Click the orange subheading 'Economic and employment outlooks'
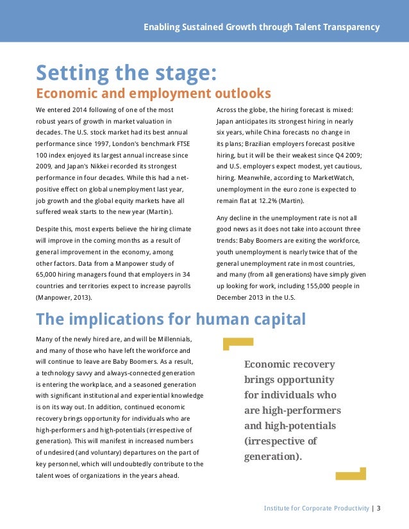(x=153, y=94)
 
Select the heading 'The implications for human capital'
(x=171, y=319)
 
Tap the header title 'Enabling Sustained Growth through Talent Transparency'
(x=262, y=28)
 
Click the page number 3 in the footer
(x=379, y=509)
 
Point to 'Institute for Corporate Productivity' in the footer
(x=317, y=509)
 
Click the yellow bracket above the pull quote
(x=238, y=344)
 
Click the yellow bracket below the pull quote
(x=351, y=474)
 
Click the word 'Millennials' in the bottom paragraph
(x=174, y=338)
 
